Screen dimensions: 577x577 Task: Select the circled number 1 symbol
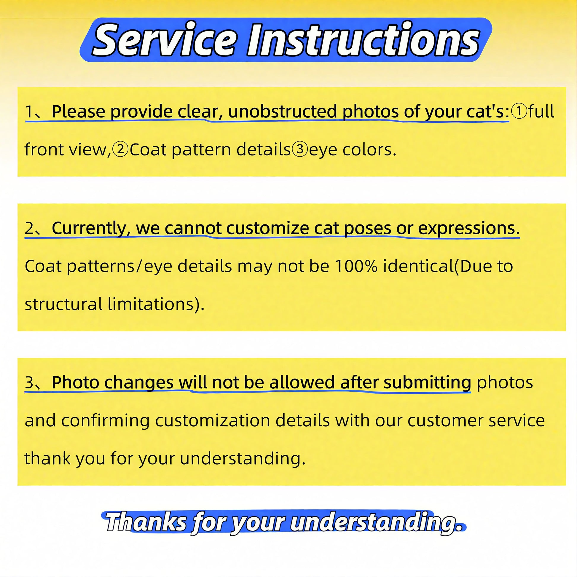point(519,111)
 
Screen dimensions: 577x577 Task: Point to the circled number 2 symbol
point(120,149)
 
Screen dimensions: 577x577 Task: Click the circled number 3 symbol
point(299,149)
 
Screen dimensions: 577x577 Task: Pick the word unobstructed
point(283,111)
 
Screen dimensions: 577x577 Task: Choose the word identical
point(418,266)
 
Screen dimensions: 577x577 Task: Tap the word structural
point(63,304)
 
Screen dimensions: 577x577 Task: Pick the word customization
point(212,420)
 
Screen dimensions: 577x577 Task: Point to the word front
point(44,149)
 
